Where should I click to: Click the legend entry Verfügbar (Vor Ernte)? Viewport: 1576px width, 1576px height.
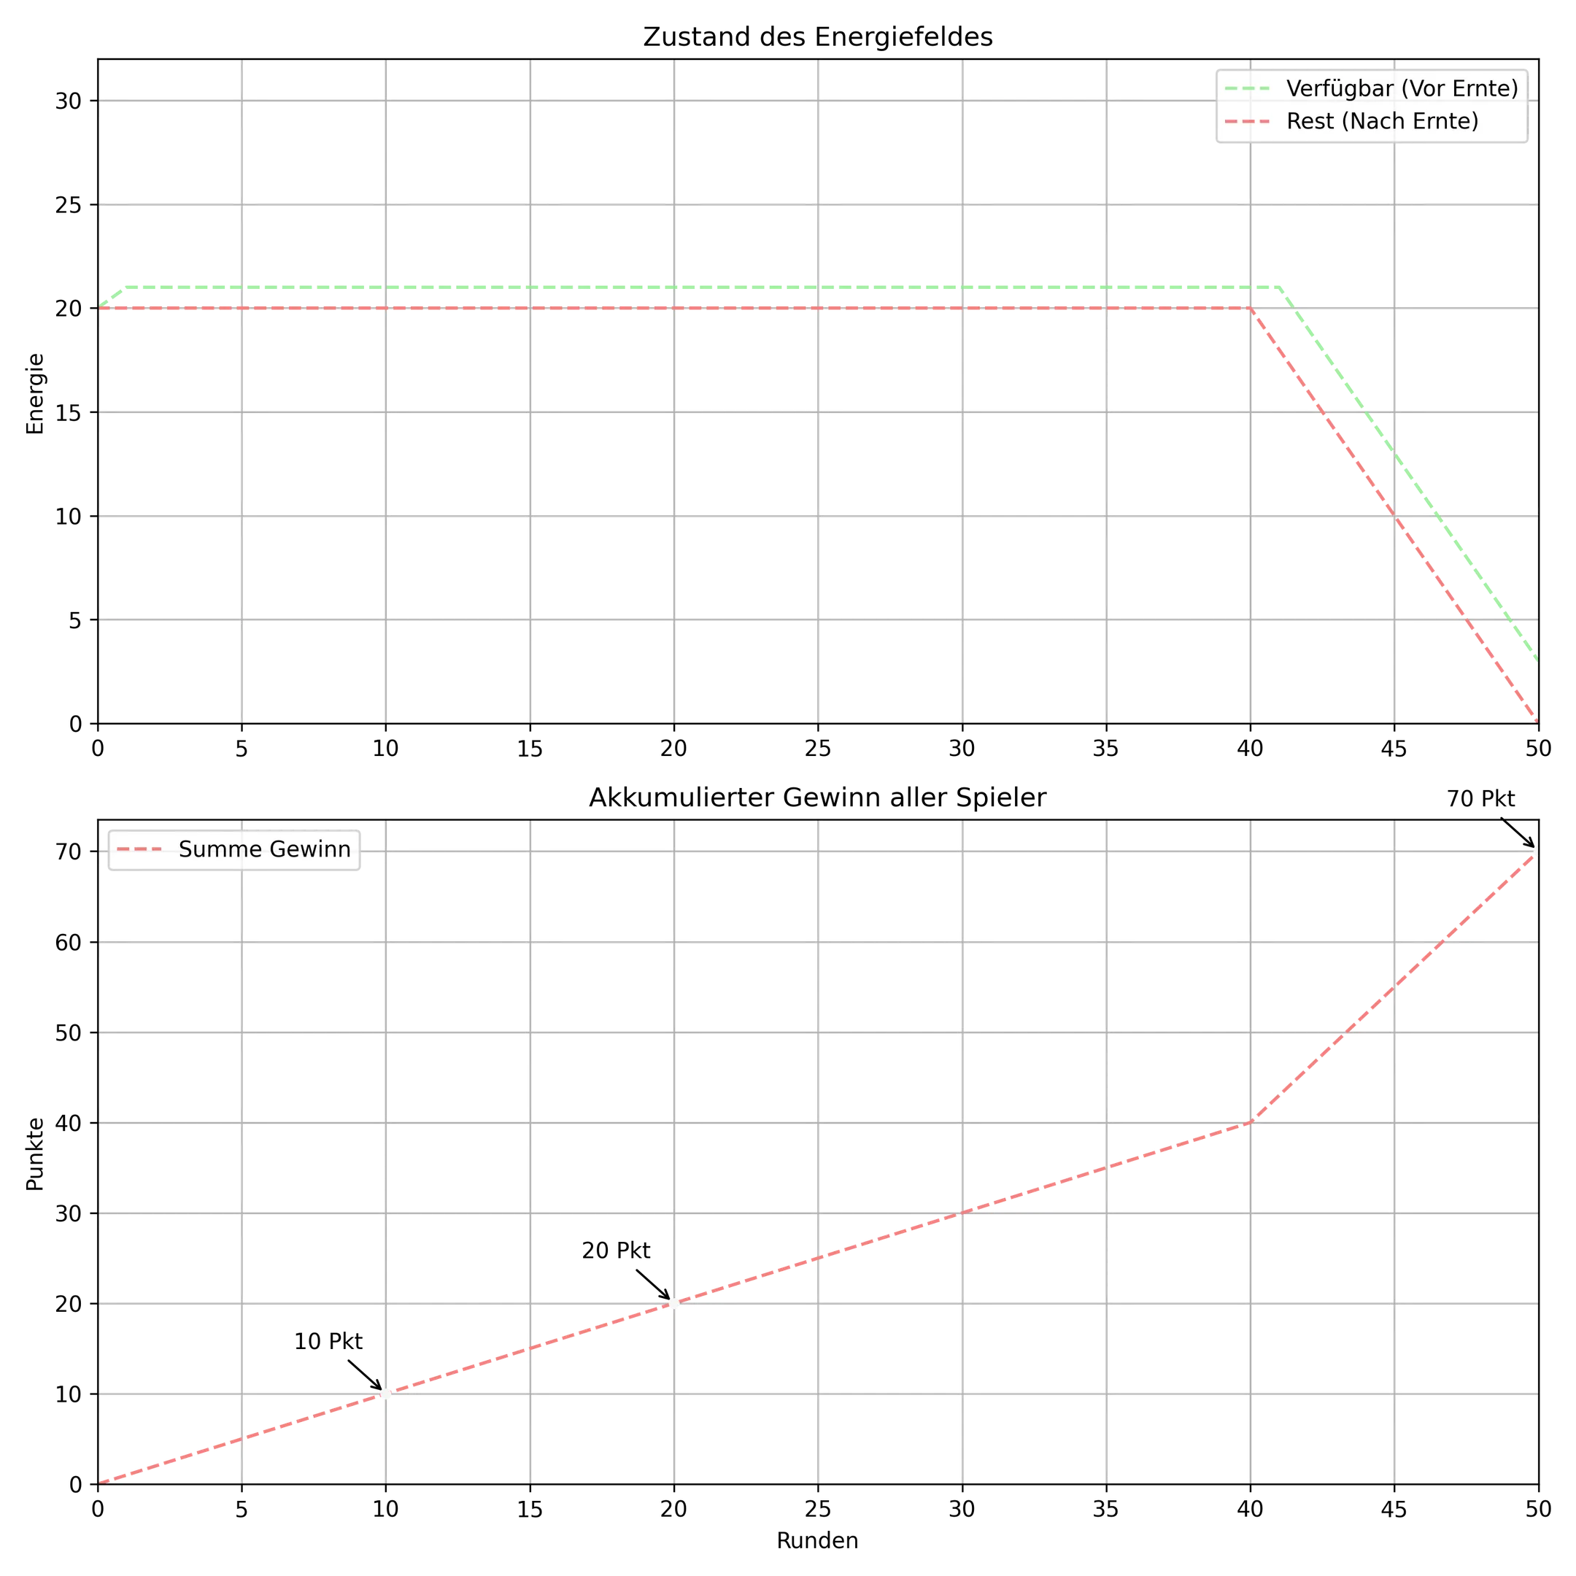1370,88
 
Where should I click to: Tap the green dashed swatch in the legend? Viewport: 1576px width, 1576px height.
1247,88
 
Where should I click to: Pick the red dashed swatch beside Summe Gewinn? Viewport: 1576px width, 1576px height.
139,849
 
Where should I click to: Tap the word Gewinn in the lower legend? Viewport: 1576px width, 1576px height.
312,849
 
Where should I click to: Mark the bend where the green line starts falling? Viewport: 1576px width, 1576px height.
1281,287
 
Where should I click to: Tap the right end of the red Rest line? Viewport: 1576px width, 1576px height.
1536,719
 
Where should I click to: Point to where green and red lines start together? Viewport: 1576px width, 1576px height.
101,307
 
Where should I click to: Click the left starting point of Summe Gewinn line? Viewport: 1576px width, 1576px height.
101,1480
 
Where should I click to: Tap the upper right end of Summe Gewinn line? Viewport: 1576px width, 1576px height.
1536,851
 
